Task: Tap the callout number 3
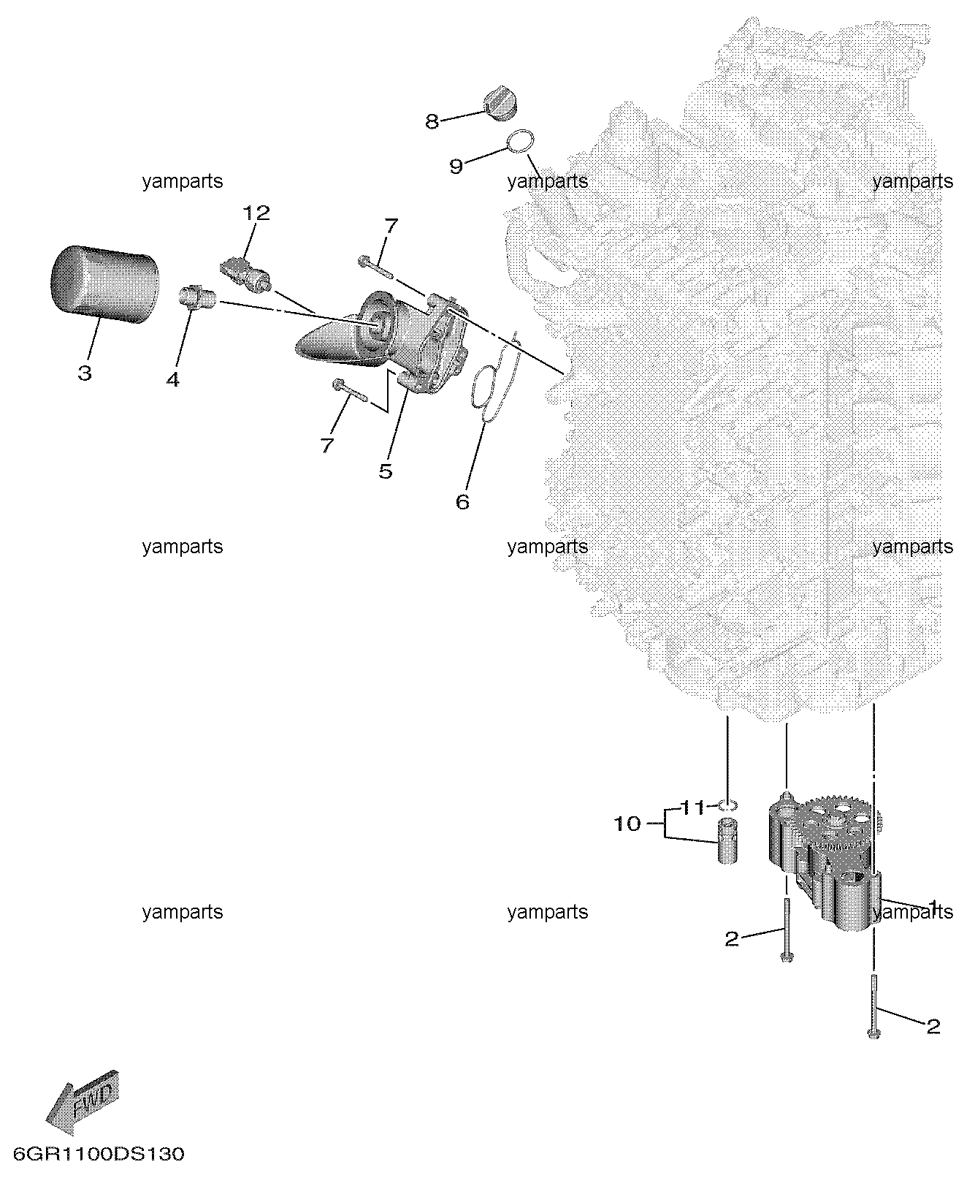point(85,373)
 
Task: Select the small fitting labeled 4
point(196,296)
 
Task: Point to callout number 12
point(256,213)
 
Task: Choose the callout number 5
point(386,471)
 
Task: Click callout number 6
point(462,502)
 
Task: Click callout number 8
point(432,121)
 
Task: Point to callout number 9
point(456,167)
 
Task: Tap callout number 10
point(627,824)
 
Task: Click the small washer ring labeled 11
point(727,805)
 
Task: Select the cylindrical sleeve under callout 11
point(727,842)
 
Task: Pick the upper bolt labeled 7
point(375,265)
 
